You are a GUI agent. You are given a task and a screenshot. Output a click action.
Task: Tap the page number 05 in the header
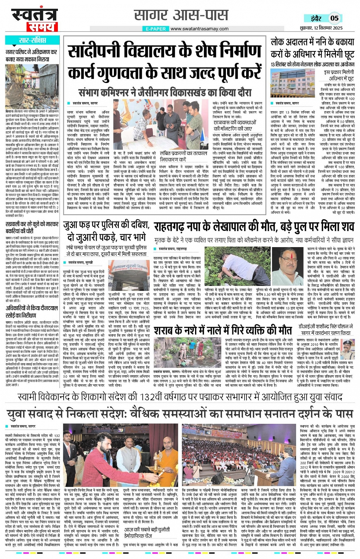point(334,18)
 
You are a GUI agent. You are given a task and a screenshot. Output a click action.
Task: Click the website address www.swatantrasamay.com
point(199,29)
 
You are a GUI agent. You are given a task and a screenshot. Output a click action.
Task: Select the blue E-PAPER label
point(156,29)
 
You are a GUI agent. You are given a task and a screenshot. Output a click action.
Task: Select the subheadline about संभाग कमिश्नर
point(165,93)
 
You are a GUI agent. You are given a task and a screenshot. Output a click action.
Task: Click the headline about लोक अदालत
point(312,48)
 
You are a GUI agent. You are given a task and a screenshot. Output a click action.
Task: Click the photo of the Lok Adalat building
point(290,83)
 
